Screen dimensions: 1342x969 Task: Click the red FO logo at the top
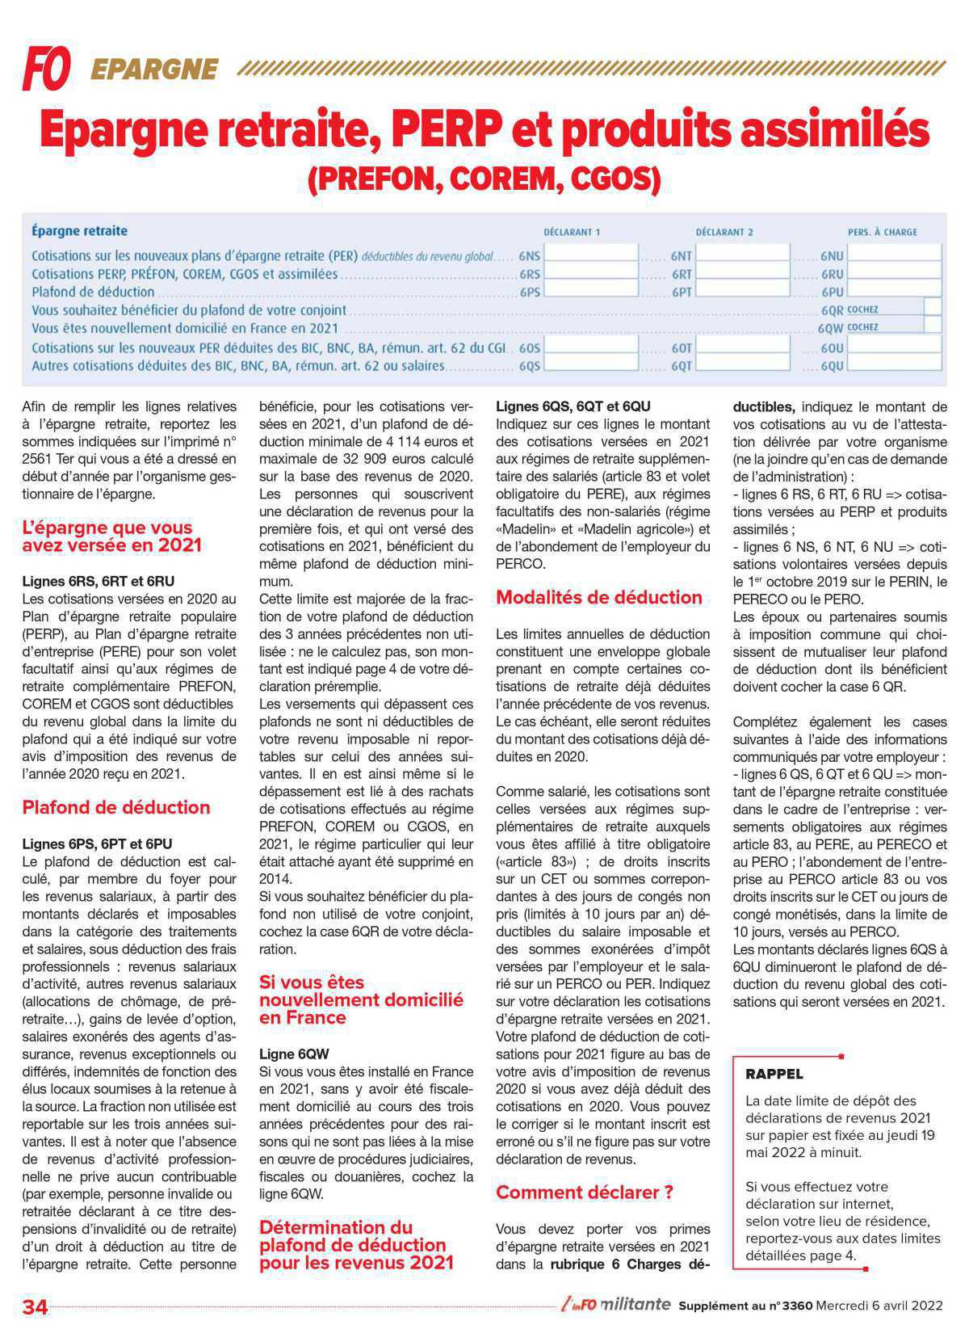(46, 68)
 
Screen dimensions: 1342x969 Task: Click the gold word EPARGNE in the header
(155, 70)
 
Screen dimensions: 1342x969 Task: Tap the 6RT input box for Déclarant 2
(743, 273)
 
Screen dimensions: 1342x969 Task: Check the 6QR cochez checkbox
(932, 307)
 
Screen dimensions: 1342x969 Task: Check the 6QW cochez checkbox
(932, 325)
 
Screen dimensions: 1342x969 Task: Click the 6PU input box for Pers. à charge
(894, 290)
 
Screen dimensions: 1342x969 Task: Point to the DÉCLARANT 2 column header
(724, 232)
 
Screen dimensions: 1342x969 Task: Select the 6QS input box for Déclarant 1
(592, 364)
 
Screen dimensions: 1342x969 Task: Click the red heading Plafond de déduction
(116, 807)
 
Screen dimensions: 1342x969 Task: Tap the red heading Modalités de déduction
(599, 598)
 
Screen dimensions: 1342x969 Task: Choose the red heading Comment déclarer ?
(585, 1193)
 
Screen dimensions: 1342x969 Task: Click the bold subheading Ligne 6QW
(294, 1054)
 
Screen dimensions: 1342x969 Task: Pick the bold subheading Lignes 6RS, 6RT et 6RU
(98, 581)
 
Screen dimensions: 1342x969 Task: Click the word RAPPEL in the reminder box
(774, 1074)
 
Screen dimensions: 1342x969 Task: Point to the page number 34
(36, 1306)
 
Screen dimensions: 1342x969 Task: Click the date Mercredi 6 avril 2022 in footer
(879, 1305)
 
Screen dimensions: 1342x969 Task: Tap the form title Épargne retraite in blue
(79, 231)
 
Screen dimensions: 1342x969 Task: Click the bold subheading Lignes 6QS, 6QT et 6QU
(573, 406)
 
